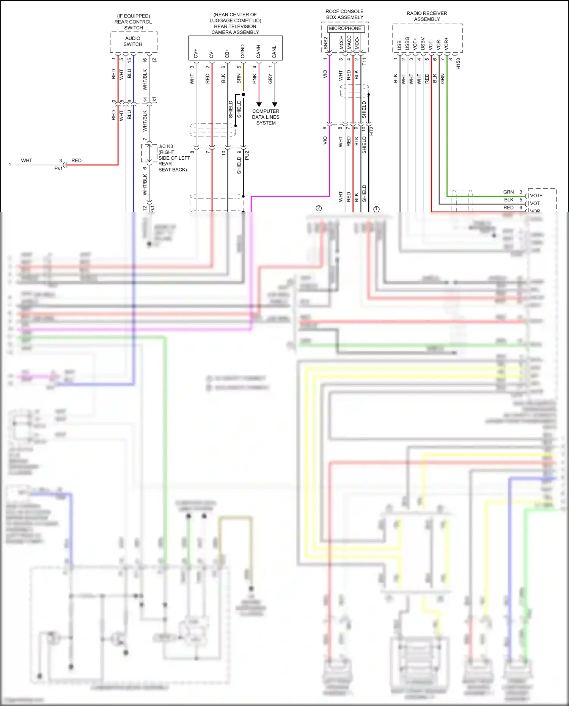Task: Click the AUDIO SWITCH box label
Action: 133,41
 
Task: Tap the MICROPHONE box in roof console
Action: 345,28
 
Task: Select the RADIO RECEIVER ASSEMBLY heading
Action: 427,16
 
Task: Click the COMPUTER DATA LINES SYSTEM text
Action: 266,117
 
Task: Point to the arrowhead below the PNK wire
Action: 259,104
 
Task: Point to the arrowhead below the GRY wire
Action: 275,104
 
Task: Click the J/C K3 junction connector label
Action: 166,146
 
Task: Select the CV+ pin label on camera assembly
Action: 196,53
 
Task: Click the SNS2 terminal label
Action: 325,44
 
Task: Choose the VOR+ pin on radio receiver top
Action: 446,44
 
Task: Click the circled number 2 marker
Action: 319,208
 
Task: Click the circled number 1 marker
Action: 376,209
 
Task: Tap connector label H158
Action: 458,63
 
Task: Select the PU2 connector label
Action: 247,155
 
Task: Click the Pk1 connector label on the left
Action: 58,168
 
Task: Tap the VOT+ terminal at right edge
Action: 536,196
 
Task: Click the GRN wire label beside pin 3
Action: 508,192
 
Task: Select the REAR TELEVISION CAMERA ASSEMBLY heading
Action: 235,29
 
